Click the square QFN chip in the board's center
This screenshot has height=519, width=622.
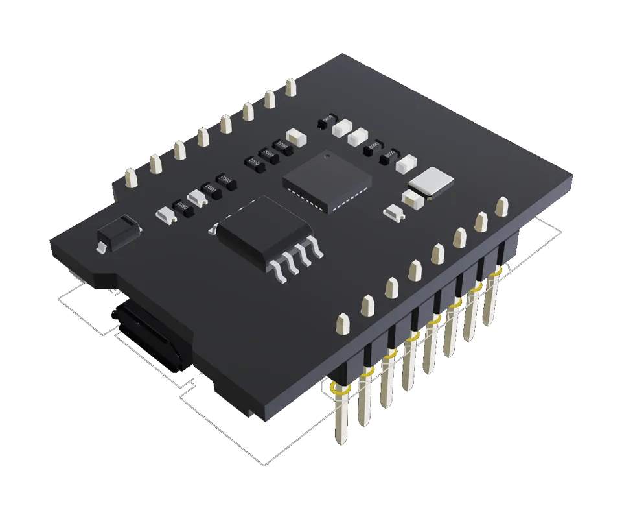pyautogui.click(x=327, y=180)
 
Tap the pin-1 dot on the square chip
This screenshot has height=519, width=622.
pyautogui.click(x=327, y=156)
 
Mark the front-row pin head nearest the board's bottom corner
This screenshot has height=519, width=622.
pyautogui.click(x=342, y=323)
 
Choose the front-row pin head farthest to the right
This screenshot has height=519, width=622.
pyautogui.click(x=501, y=207)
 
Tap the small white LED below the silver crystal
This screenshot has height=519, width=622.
pyautogui.click(x=393, y=211)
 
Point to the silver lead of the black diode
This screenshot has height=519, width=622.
pyautogui.click(x=101, y=247)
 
